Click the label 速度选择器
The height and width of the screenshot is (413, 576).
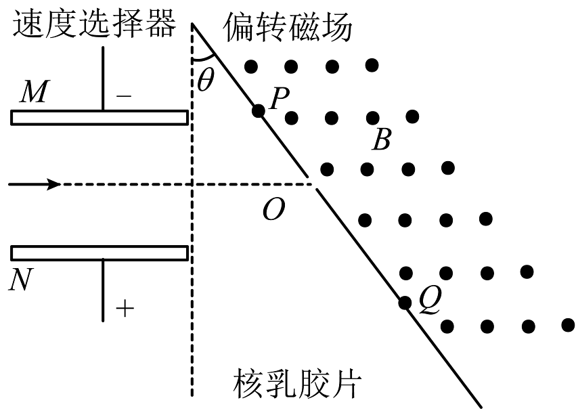pyautogui.click(x=93, y=24)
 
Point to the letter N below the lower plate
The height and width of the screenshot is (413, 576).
pyautogui.click(x=22, y=278)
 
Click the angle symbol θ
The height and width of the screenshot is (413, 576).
pyautogui.click(x=205, y=80)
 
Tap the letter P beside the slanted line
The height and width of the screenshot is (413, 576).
pyautogui.click(x=279, y=100)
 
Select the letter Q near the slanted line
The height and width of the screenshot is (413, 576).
pyautogui.click(x=429, y=299)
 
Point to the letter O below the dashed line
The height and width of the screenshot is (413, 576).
pyautogui.click(x=273, y=211)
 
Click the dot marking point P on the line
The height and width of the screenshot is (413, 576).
pyautogui.click(x=257, y=110)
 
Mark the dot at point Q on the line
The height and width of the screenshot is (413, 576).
pyautogui.click(x=405, y=303)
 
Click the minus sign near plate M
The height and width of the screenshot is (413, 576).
pyautogui.click(x=124, y=96)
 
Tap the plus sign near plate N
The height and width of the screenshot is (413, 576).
pyautogui.click(x=125, y=309)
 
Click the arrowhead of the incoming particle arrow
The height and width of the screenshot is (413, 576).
pyautogui.click(x=54, y=184)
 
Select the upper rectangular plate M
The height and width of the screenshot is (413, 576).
pyautogui.click(x=99, y=118)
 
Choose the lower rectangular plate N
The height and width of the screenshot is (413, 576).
pyautogui.click(x=99, y=253)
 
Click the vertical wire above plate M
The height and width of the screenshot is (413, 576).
pyautogui.click(x=103, y=78)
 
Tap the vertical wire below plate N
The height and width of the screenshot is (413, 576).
pyautogui.click(x=103, y=290)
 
